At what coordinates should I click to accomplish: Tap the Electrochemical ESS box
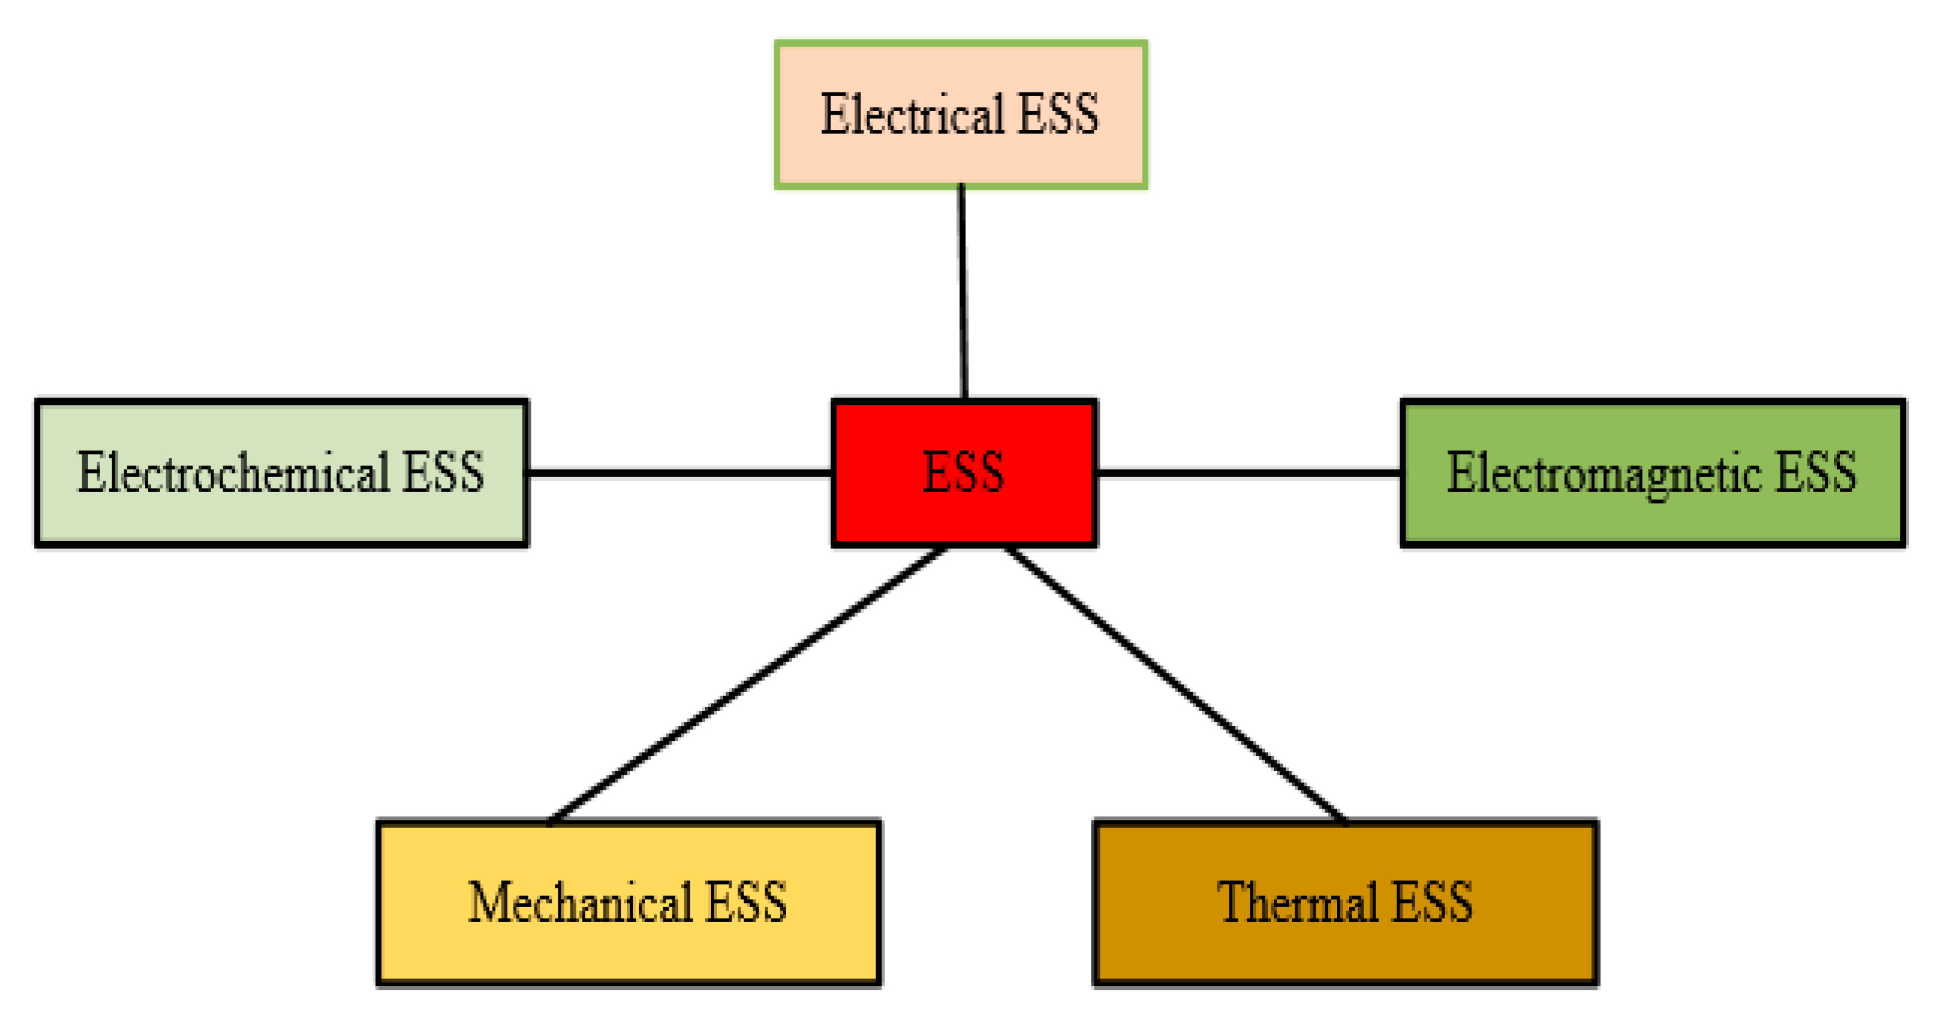[281, 473]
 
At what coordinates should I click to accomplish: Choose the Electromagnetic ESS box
[1652, 473]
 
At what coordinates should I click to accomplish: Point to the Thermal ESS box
[1345, 902]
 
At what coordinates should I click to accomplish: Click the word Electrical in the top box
[911, 115]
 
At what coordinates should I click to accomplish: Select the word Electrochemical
[234, 473]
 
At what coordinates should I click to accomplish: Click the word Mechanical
[579, 902]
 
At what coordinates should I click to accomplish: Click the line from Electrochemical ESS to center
[679, 473]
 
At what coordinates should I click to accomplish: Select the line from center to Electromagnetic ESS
[1249, 473]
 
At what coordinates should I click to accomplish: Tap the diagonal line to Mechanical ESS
[747, 685]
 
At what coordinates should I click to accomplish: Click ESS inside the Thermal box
[1432, 902]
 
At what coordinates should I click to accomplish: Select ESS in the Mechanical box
[745, 902]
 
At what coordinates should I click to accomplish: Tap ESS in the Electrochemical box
[442, 473]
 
